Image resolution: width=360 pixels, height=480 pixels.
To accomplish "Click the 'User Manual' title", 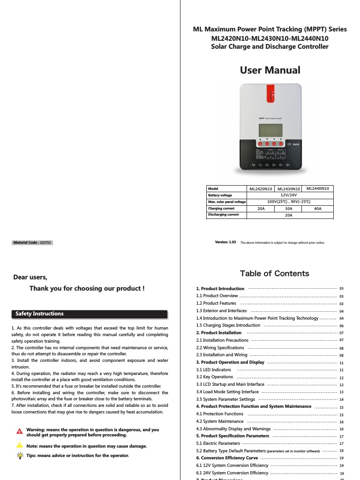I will tap(270, 70).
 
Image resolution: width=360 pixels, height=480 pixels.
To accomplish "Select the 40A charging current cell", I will tap(317, 209).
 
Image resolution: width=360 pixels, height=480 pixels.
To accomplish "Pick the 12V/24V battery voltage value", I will tap(289, 195).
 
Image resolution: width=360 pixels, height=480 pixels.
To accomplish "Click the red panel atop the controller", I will tap(270, 93).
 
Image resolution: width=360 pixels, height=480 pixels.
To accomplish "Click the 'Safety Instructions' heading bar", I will tap(89, 314).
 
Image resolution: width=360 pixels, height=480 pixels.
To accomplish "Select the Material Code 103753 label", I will tap(32, 243).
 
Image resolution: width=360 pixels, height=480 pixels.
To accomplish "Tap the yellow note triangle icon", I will tap(19, 445).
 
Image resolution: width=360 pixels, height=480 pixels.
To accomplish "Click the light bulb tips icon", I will tap(19, 456).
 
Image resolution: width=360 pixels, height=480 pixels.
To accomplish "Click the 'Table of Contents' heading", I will tap(274, 273).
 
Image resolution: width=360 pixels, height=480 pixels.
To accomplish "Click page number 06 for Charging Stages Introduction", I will tap(341, 326).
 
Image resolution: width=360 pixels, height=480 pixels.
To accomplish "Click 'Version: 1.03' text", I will tap(225, 242).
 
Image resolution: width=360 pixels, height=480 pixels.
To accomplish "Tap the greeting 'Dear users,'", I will tap(30, 277).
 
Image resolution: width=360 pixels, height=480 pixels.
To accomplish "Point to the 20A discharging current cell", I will tap(289, 215).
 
